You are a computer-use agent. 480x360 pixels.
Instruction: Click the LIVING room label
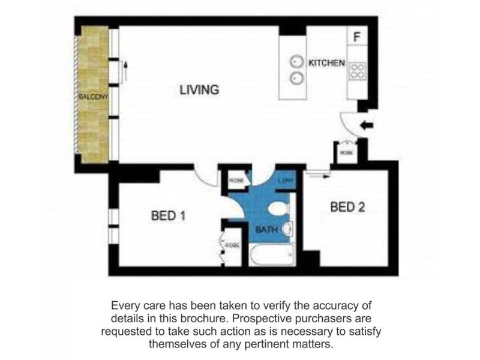(199, 90)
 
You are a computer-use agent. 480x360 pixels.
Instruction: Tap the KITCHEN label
(326, 62)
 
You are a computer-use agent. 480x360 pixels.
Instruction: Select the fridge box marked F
(357, 37)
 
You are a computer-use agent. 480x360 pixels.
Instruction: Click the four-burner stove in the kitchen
(357, 70)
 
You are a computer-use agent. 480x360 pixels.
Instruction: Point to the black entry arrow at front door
(365, 125)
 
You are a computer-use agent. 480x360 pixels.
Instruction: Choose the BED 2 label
(348, 207)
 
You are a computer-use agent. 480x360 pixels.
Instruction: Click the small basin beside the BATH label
(287, 229)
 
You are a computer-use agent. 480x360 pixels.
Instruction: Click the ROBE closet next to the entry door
(346, 151)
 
